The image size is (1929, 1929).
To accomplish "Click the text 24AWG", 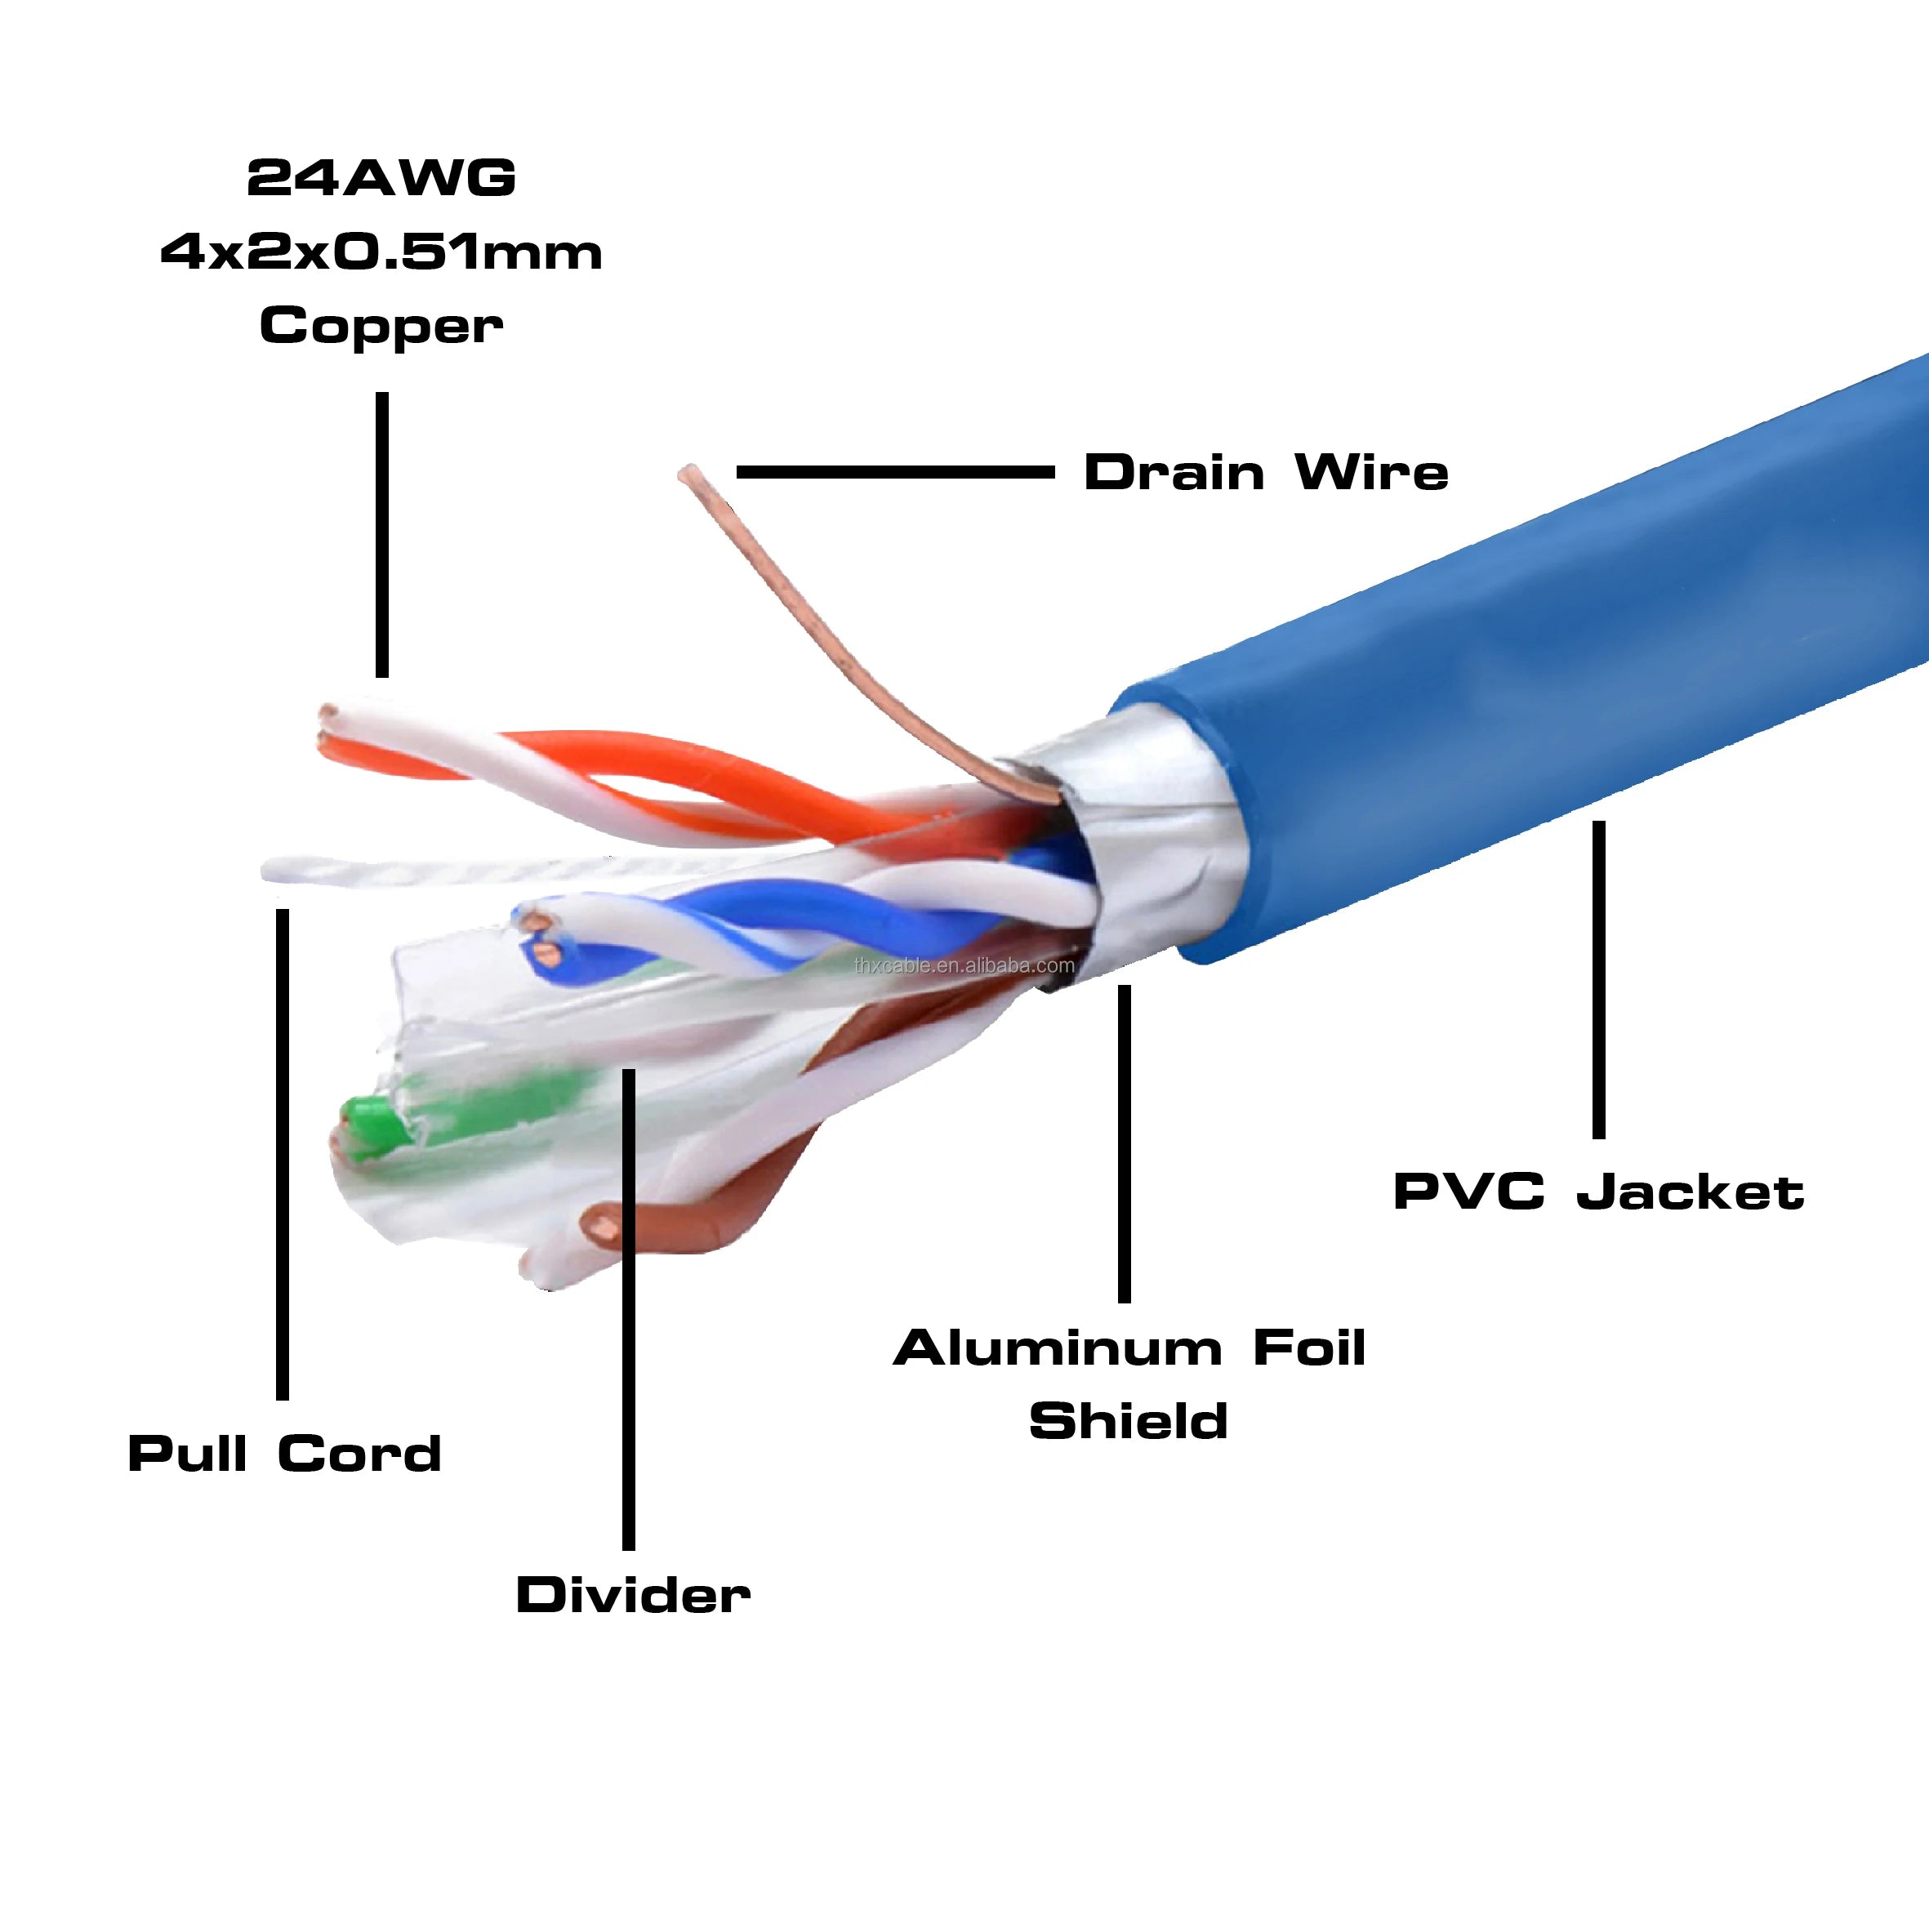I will click(381, 179).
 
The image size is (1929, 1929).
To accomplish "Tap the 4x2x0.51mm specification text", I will click(381, 252).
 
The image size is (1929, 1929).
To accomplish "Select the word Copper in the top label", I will click(381, 327).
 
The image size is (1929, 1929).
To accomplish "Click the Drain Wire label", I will click(1265, 472).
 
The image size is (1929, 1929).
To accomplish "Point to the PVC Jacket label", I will click(1598, 1192).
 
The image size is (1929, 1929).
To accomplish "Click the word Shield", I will click(1129, 1421).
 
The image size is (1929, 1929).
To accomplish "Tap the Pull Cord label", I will click(284, 1454).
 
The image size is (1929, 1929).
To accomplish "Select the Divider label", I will click(633, 1594).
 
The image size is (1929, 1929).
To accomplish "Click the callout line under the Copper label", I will click(381, 534).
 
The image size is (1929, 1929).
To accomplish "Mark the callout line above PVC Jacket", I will click(1598, 978).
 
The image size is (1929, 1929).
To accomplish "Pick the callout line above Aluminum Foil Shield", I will click(1125, 1143).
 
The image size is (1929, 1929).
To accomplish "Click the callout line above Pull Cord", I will click(283, 1153).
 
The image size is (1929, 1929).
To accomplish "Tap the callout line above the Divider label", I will click(628, 1308).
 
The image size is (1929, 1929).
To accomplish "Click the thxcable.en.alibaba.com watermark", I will click(965, 965).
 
